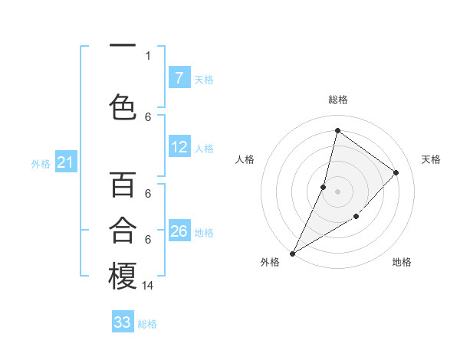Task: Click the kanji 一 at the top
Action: pyautogui.click(x=123, y=47)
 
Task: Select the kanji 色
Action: pyautogui.click(x=123, y=106)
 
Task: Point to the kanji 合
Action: pyautogui.click(x=123, y=230)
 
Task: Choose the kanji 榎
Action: pyautogui.click(x=123, y=277)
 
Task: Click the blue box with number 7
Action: pyautogui.click(x=179, y=77)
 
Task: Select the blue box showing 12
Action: pyautogui.click(x=179, y=147)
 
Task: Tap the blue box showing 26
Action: pyautogui.click(x=179, y=231)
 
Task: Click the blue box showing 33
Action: pyautogui.click(x=123, y=322)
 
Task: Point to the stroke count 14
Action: pyautogui.click(x=148, y=285)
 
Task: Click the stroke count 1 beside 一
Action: pyautogui.click(x=148, y=55)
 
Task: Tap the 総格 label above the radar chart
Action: pyautogui.click(x=338, y=100)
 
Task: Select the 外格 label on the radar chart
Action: pyautogui.click(x=270, y=262)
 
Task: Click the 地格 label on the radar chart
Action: pyautogui.click(x=402, y=262)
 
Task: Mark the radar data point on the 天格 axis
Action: pyautogui.click(x=396, y=172)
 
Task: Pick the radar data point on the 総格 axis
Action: pyautogui.click(x=337, y=131)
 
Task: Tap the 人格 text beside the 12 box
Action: pyautogui.click(x=204, y=148)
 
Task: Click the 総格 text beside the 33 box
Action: pyautogui.click(x=147, y=323)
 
